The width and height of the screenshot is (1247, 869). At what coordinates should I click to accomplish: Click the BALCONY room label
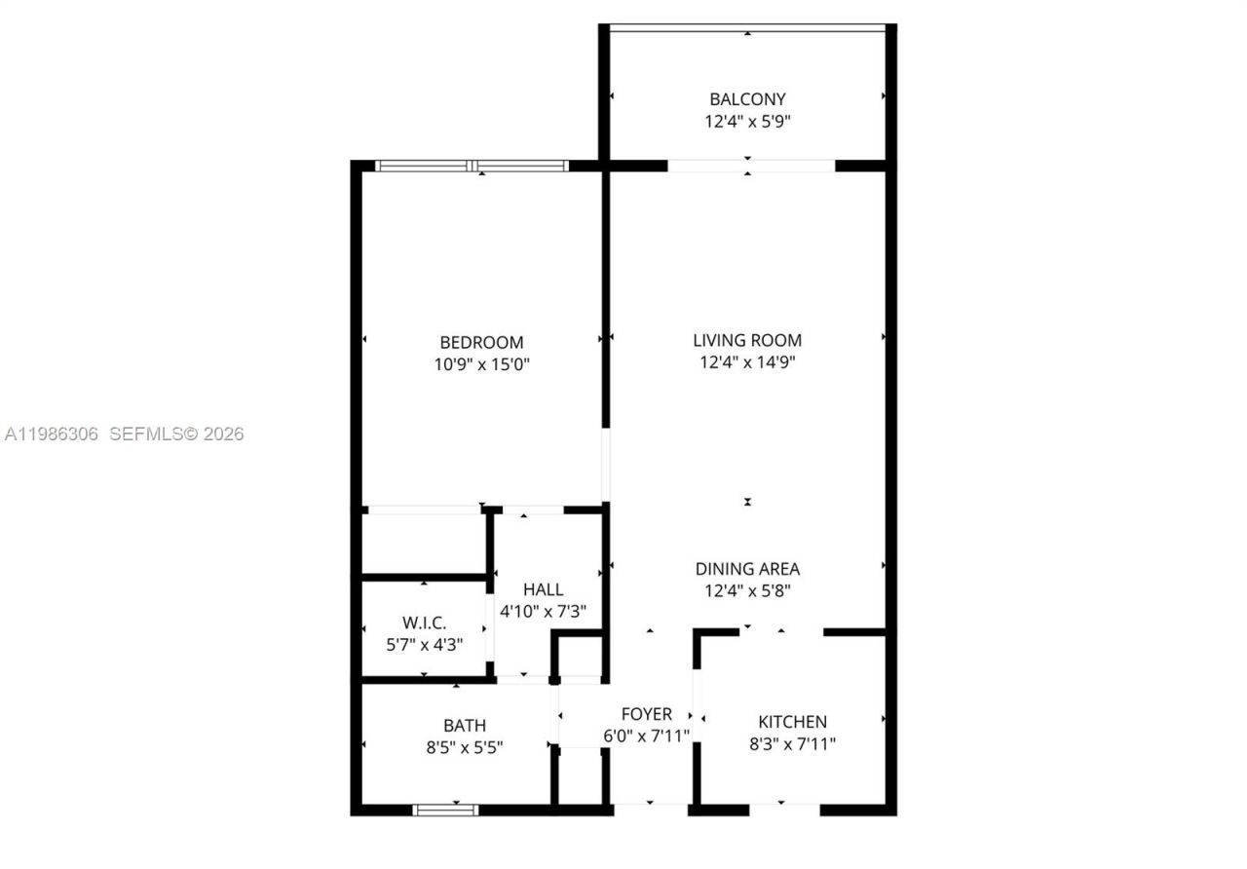coord(747,98)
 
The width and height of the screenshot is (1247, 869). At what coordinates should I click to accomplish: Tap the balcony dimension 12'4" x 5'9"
coord(747,122)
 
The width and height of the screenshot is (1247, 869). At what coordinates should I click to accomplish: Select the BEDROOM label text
coord(481,342)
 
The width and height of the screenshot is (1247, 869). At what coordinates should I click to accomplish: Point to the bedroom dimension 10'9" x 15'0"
coord(481,365)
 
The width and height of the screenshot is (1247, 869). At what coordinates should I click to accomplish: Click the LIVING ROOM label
coord(747,340)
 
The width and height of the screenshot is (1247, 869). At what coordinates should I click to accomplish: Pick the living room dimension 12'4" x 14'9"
coord(747,362)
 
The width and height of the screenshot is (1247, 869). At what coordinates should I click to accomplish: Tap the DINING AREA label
coord(747,569)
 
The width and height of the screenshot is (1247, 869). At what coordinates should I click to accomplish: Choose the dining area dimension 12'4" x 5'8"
coord(747,590)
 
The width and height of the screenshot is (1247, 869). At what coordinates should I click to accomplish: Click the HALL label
coord(543,589)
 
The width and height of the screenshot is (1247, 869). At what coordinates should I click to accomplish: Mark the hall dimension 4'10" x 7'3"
coord(543,612)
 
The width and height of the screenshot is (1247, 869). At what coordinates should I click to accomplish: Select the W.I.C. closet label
coord(424,623)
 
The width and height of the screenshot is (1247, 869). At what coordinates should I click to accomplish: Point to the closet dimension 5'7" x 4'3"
coord(424,644)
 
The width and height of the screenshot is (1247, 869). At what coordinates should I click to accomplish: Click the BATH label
coord(465,725)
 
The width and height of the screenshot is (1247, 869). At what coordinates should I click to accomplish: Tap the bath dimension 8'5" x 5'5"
coord(465,747)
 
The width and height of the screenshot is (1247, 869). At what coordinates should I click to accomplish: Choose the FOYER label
coord(647,714)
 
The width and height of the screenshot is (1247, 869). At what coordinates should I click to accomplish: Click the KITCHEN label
coord(792,722)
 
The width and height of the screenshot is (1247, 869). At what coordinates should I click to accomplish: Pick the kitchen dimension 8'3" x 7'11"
coord(792,743)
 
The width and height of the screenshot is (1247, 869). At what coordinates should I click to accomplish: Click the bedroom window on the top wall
coord(472,166)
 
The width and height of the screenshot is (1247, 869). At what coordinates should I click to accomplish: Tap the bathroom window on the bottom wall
coord(445,810)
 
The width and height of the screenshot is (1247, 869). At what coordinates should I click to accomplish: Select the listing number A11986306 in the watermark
coord(52,434)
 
